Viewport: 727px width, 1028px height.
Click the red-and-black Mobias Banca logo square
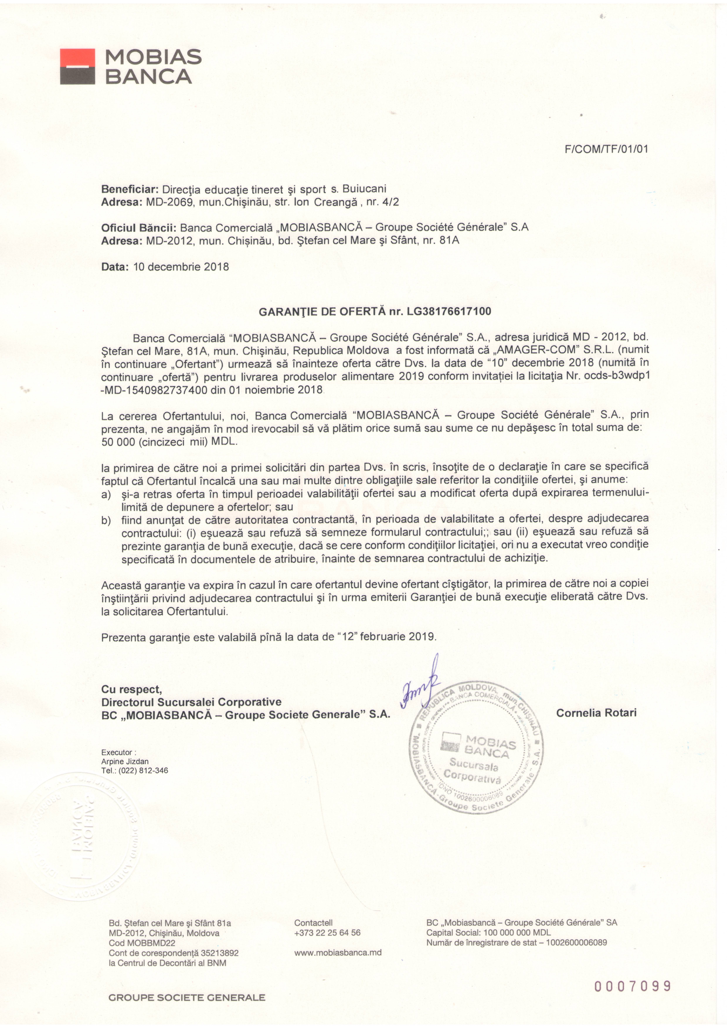[78, 66]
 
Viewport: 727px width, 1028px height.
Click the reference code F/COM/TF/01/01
[607, 149]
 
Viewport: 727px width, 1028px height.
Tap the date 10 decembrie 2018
[181, 267]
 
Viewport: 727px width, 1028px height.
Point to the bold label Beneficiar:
[130, 189]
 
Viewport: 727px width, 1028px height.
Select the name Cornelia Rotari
[596, 713]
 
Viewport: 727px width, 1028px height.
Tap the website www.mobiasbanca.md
[338, 953]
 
